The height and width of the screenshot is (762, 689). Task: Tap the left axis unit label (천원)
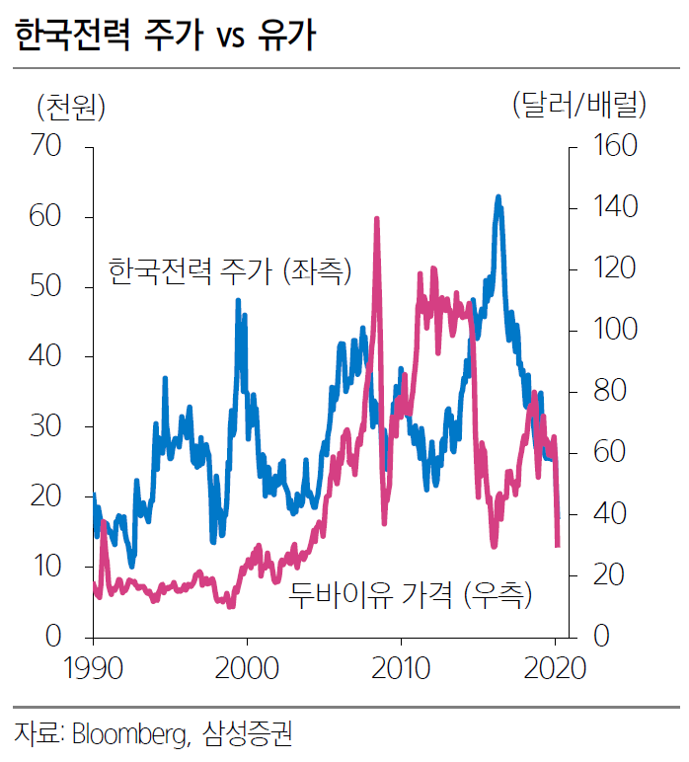70,104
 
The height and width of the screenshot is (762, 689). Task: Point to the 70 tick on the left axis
46,147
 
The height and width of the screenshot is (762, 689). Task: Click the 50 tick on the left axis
46,287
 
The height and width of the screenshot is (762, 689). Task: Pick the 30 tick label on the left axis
46,427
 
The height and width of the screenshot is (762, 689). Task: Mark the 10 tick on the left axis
46,567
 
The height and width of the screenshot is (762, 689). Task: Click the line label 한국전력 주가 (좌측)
229,269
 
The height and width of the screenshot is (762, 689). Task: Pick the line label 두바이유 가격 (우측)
410,594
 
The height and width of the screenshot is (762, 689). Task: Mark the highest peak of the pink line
377,219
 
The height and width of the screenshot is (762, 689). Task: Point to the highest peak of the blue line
498,197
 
